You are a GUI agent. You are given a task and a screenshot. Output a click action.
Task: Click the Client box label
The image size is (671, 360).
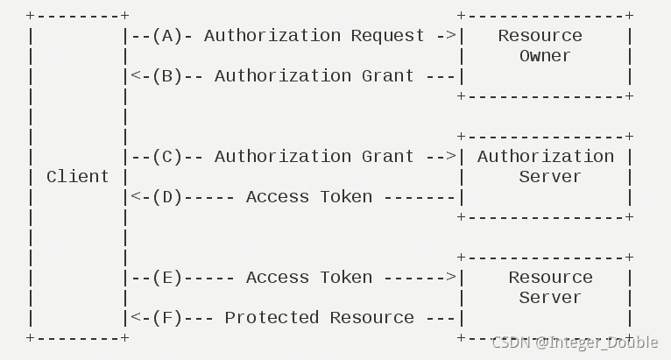click(x=77, y=176)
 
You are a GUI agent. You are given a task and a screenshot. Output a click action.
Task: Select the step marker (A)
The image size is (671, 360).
click(x=166, y=35)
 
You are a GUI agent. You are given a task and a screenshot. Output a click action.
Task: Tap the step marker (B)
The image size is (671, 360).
click(x=166, y=75)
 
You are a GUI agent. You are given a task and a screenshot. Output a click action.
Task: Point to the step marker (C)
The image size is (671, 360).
click(x=166, y=156)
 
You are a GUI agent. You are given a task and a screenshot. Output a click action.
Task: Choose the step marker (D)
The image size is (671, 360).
click(x=166, y=196)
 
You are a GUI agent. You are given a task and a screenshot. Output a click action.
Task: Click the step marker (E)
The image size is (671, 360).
click(x=166, y=277)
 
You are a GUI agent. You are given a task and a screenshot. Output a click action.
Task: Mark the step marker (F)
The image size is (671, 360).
click(x=166, y=317)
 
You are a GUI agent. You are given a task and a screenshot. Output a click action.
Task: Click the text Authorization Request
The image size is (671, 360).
click(x=314, y=35)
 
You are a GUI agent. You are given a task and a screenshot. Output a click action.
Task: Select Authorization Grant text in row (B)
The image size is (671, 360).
click(x=314, y=75)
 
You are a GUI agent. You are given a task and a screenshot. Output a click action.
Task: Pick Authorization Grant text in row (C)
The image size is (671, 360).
click(x=314, y=156)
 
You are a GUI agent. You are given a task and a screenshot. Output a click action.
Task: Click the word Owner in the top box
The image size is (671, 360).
click(x=545, y=55)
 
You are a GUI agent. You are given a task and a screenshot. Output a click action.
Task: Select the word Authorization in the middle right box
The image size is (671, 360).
click(x=545, y=156)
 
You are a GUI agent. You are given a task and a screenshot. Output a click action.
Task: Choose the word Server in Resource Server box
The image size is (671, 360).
click(x=549, y=297)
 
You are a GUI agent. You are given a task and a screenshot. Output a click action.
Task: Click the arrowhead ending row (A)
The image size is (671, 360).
click(x=451, y=35)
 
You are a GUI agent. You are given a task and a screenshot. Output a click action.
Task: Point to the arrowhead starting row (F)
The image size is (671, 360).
click(x=135, y=317)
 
